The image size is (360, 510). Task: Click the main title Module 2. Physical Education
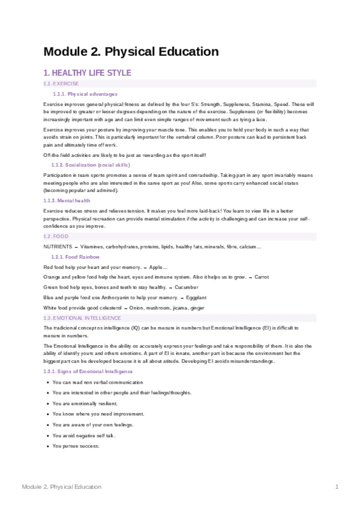pos(131,52)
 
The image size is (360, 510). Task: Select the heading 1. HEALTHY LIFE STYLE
pos(87,73)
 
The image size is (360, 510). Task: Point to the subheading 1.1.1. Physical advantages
pos(85,94)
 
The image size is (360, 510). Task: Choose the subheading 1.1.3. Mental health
pos(67,200)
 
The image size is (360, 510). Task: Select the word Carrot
pos(261,277)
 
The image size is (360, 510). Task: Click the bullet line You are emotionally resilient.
pos(85,403)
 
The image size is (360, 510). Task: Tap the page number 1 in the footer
pos(337,487)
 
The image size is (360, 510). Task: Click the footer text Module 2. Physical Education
pos(61,487)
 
